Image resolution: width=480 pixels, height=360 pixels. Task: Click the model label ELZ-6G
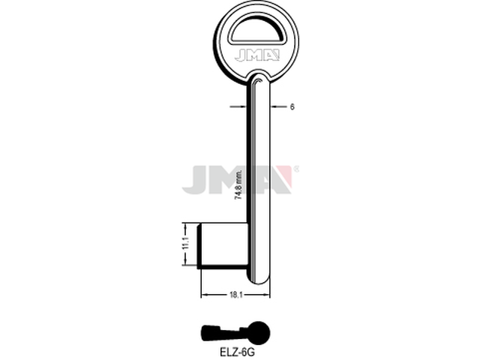point(237,352)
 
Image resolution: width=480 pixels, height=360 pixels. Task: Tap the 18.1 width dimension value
point(236,295)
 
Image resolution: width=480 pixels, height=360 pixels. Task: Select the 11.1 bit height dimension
point(186,244)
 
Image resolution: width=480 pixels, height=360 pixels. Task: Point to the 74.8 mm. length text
point(238,184)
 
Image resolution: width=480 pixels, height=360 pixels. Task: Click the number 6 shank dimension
point(292,106)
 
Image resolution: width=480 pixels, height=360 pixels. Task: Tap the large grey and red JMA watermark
point(237,180)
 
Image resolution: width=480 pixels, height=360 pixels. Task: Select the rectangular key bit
point(223,246)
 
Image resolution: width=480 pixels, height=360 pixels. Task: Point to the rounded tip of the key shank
point(259,280)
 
